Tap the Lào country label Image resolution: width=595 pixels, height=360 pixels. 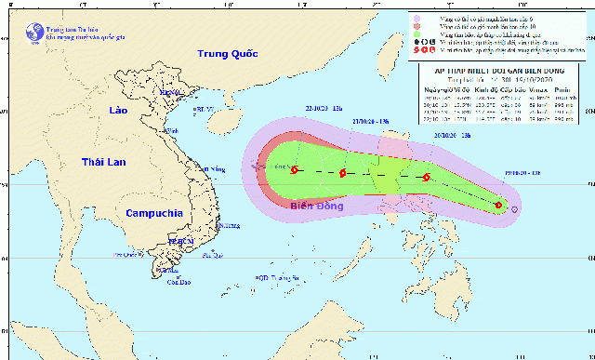tap(116, 110)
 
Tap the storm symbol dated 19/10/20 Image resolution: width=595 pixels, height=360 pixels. tap(499, 206)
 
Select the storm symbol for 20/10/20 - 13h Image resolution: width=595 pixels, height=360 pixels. tap(427, 178)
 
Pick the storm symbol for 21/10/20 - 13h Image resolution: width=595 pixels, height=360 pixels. tap(343, 173)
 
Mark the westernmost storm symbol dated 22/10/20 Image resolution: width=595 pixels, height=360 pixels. tap(295, 170)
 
